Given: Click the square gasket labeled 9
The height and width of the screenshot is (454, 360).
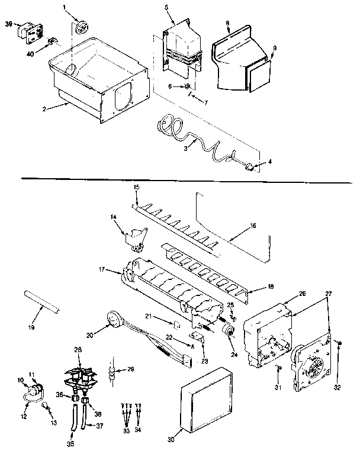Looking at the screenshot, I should pyautogui.click(x=259, y=78).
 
